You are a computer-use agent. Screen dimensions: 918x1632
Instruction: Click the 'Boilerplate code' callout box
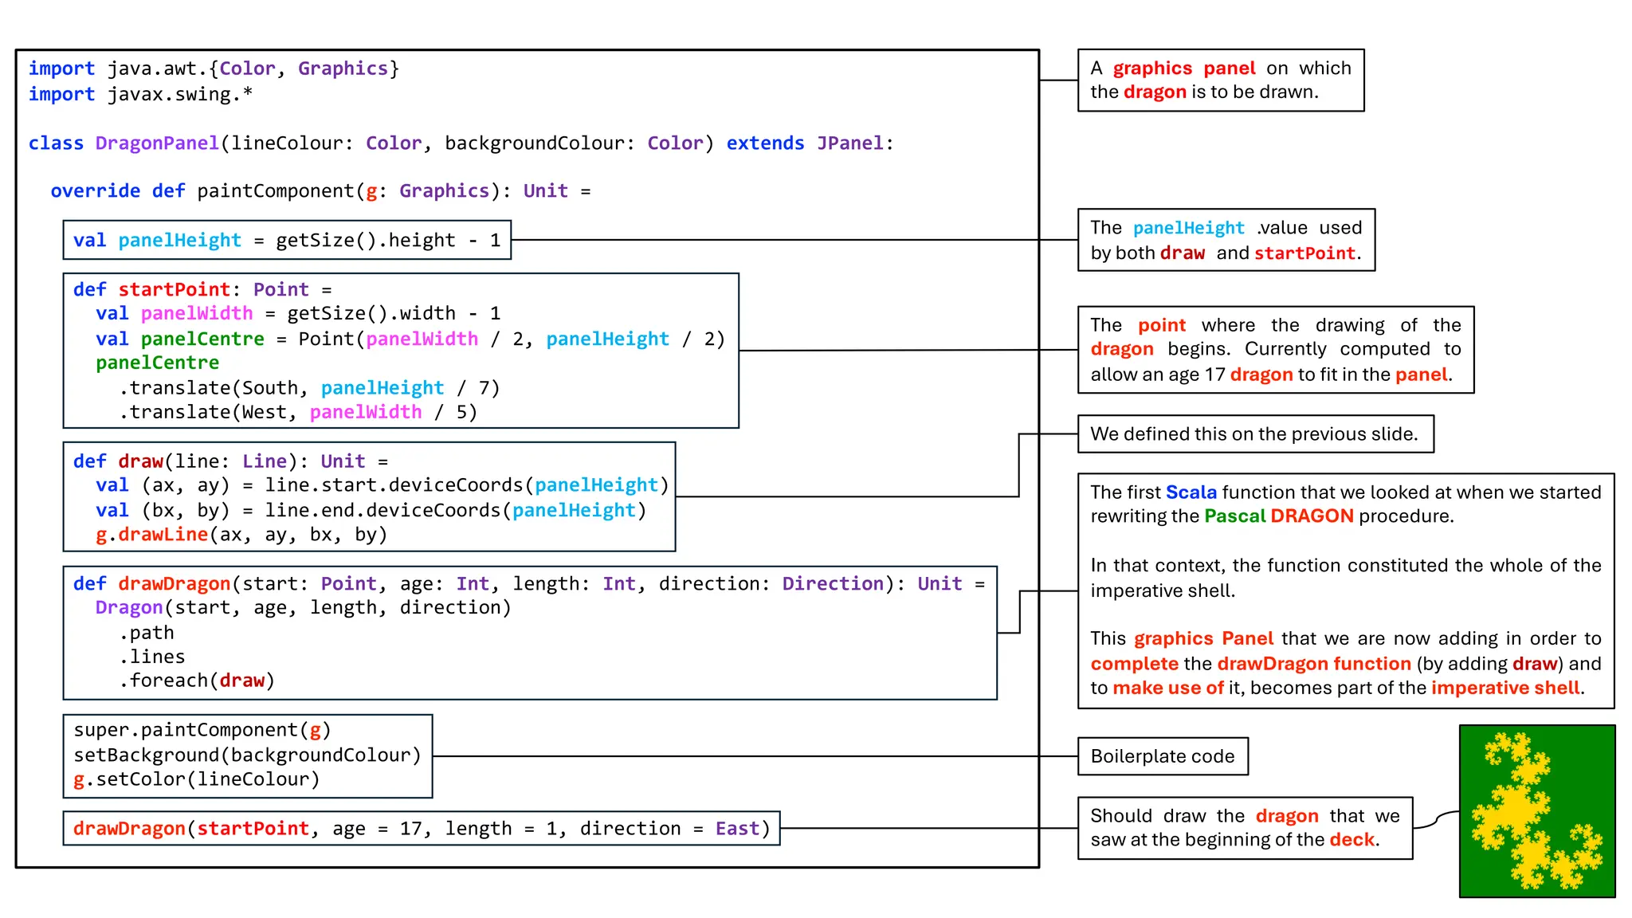point(1162,756)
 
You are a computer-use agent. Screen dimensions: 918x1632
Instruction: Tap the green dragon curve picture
point(1536,811)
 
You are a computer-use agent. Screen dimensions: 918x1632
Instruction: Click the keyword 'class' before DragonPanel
point(56,143)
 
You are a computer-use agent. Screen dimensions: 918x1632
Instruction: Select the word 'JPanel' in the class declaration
point(849,143)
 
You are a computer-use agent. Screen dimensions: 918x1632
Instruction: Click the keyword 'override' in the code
point(95,191)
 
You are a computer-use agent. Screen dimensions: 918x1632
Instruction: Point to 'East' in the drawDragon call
point(736,829)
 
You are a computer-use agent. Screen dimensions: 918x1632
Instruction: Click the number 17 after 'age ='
point(410,829)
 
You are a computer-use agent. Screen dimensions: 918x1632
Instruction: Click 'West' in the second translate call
point(264,412)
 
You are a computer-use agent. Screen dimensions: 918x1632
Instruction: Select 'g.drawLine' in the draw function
point(151,535)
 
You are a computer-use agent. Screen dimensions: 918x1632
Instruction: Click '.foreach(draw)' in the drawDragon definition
point(197,681)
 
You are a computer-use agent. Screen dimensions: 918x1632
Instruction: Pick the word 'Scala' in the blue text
point(1191,492)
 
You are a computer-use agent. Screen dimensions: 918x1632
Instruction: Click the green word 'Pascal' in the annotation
point(1234,516)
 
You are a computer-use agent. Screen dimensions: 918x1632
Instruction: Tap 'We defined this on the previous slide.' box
point(1254,434)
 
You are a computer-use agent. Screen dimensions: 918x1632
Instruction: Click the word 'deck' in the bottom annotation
point(1351,840)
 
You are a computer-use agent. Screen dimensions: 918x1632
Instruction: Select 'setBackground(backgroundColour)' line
point(247,755)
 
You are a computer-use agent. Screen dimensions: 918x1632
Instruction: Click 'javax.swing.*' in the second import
point(180,94)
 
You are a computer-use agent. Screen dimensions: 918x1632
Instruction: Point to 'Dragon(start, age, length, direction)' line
point(303,608)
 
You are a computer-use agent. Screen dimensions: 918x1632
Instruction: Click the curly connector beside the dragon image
point(1436,819)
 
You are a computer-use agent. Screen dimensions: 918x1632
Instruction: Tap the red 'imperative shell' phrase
point(1505,688)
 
